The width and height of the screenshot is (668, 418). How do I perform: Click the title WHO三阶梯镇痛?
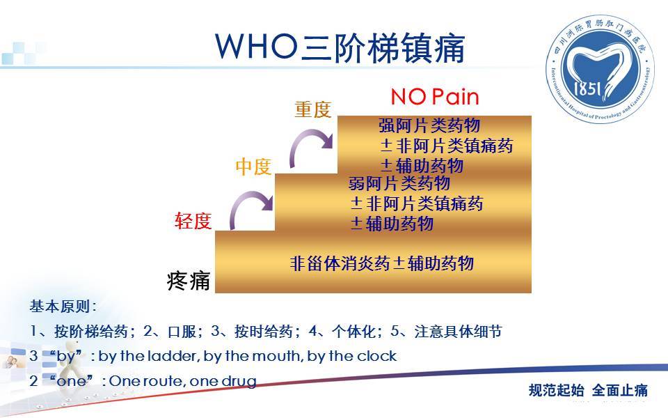(x=340, y=47)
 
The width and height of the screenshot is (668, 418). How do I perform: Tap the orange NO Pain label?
(x=435, y=96)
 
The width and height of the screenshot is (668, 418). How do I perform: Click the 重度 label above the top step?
(x=313, y=109)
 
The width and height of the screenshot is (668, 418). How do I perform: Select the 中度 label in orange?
(x=253, y=167)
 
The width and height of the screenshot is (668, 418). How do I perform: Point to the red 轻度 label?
(x=193, y=221)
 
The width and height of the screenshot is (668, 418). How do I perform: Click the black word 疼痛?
(x=189, y=281)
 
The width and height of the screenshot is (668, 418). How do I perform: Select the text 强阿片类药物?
(x=429, y=125)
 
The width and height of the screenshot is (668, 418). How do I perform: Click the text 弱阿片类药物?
(x=399, y=184)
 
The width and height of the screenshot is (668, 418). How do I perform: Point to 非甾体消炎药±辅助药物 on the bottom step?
(x=382, y=263)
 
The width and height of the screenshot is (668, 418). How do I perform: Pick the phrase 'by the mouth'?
(x=253, y=356)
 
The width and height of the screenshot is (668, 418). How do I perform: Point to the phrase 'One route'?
(x=143, y=381)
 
